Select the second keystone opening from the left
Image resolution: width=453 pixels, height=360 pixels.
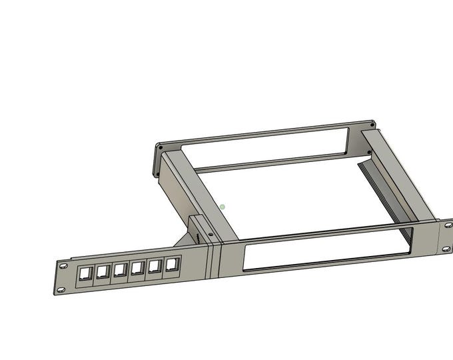[103, 271]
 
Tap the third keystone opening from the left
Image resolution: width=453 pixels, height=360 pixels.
[121, 269]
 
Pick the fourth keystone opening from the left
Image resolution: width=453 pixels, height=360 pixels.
[138, 268]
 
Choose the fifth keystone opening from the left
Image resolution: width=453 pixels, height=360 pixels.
[156, 266]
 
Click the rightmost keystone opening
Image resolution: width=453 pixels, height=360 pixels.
[173, 263]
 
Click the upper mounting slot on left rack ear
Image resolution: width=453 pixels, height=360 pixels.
[64, 266]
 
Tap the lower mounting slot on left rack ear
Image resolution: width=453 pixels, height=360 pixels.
[61, 289]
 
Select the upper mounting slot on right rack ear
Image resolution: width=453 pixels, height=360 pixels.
[448, 225]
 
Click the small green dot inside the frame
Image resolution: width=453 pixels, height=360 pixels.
[223, 207]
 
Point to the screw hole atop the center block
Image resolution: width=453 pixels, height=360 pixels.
[211, 235]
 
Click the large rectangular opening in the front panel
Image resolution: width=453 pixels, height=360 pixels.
[326, 248]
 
